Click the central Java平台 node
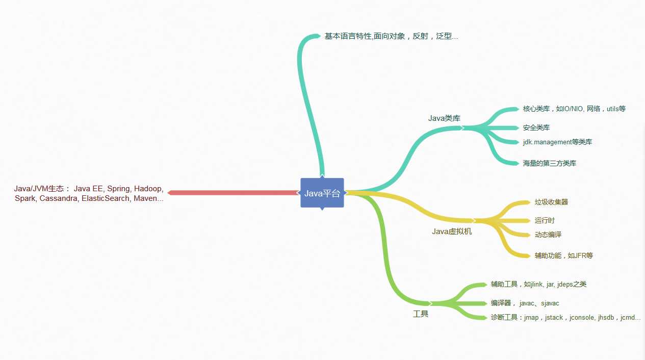322,193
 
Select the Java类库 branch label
444,118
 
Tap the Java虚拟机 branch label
452,232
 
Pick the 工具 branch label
421,314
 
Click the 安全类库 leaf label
536,127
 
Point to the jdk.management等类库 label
557,142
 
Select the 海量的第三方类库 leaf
550,163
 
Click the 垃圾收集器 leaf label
551,202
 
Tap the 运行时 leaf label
545,220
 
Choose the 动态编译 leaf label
548,235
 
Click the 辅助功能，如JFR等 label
563,255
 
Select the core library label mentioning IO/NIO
574,109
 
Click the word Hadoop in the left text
148,189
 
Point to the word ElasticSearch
106,198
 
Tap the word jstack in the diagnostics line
554,317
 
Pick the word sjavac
550,303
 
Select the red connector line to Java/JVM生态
233,193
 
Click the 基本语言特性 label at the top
348,36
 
